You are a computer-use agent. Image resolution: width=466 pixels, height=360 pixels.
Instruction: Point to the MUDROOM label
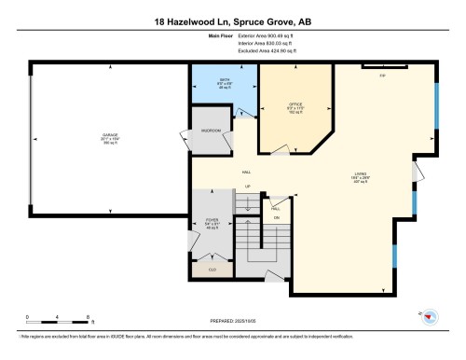pyautogui.click(x=211, y=131)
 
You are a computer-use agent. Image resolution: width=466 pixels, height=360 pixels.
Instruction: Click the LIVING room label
pyautogui.click(x=360, y=172)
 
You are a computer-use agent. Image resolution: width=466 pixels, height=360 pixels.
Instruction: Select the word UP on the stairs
pyautogui.click(x=247, y=187)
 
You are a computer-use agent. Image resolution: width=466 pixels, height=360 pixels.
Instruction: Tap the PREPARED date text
pyautogui.click(x=232, y=321)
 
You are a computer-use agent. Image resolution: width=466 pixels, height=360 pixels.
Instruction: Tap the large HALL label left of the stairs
pyautogui.click(x=247, y=173)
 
